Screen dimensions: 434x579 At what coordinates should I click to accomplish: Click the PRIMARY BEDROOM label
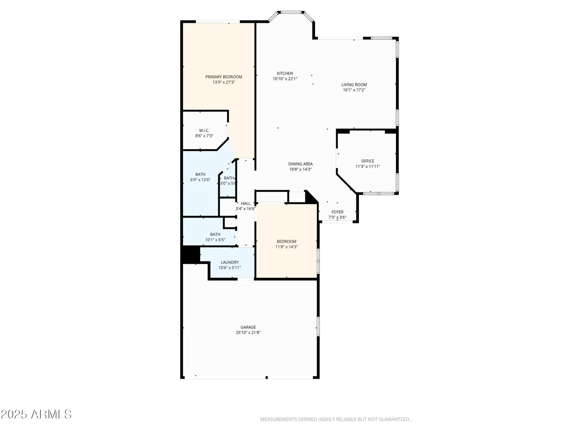223,77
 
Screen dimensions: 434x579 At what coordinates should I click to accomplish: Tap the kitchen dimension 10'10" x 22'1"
285,79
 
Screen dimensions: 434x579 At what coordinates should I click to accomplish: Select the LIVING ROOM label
354,84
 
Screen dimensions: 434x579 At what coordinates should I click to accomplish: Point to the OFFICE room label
368,161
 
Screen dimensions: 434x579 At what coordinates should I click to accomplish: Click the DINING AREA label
300,164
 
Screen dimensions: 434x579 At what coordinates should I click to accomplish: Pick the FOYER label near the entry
337,212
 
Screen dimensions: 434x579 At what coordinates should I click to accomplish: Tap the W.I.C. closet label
204,130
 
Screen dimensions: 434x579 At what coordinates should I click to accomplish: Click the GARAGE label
248,327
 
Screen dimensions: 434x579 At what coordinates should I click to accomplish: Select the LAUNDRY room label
230,262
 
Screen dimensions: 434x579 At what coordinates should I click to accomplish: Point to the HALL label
245,203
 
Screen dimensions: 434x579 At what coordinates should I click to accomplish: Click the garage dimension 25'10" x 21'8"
248,332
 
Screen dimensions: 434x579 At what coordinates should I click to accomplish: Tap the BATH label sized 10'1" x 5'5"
215,234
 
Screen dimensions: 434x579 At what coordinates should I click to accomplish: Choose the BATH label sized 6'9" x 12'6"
200,174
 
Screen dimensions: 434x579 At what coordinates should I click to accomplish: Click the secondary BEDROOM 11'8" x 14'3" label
286,241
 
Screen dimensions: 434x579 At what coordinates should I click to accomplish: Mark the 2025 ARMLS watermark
36,414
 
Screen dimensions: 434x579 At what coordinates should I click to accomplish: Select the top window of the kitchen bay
291,12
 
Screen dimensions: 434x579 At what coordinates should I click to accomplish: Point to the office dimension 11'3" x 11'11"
368,166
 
